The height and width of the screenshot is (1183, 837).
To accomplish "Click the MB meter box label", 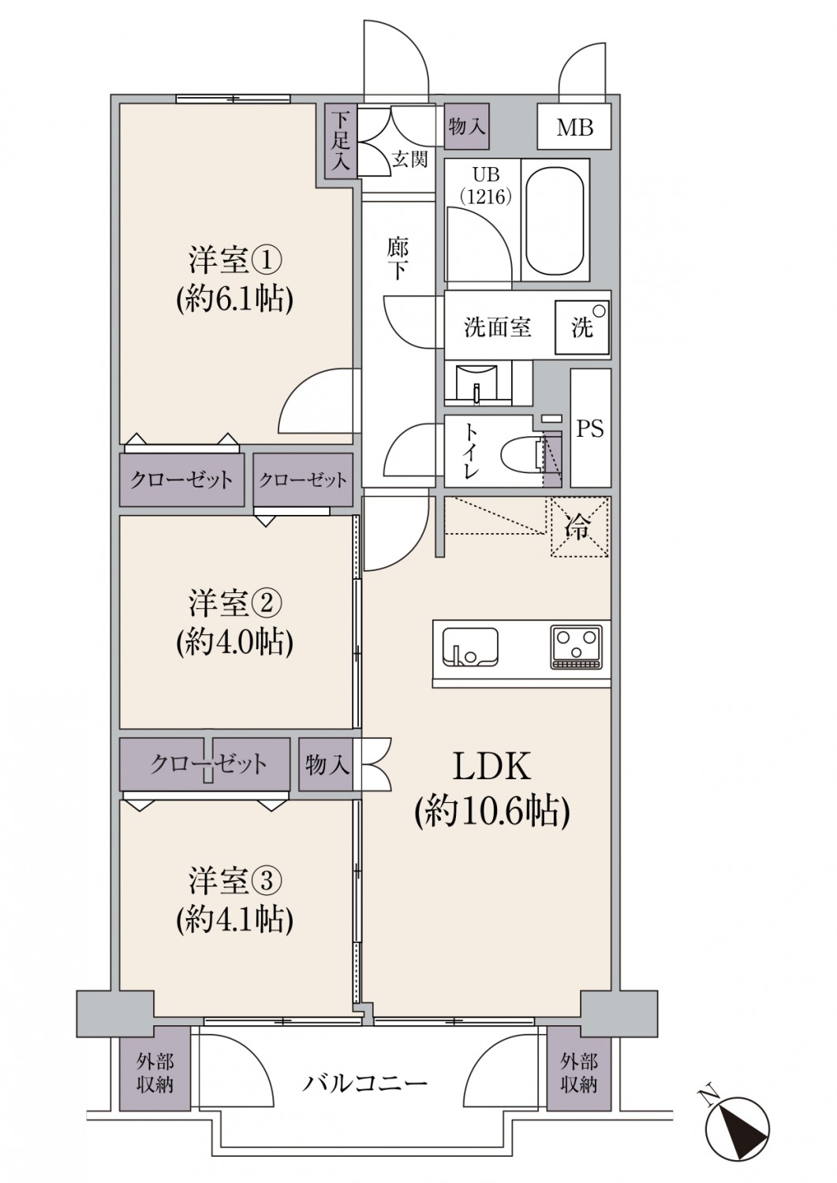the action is [x=574, y=127].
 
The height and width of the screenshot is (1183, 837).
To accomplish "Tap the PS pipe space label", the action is [x=590, y=428].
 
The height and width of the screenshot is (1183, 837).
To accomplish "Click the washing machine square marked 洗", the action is [x=581, y=327].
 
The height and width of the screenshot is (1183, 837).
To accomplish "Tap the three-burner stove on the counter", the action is [x=577, y=647].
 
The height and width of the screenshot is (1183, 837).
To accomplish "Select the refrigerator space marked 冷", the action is [x=580, y=527].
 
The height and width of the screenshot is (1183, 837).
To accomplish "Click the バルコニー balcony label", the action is [x=364, y=1084].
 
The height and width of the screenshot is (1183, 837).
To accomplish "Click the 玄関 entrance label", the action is [x=409, y=159].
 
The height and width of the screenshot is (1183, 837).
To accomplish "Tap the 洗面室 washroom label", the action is [x=498, y=328].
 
